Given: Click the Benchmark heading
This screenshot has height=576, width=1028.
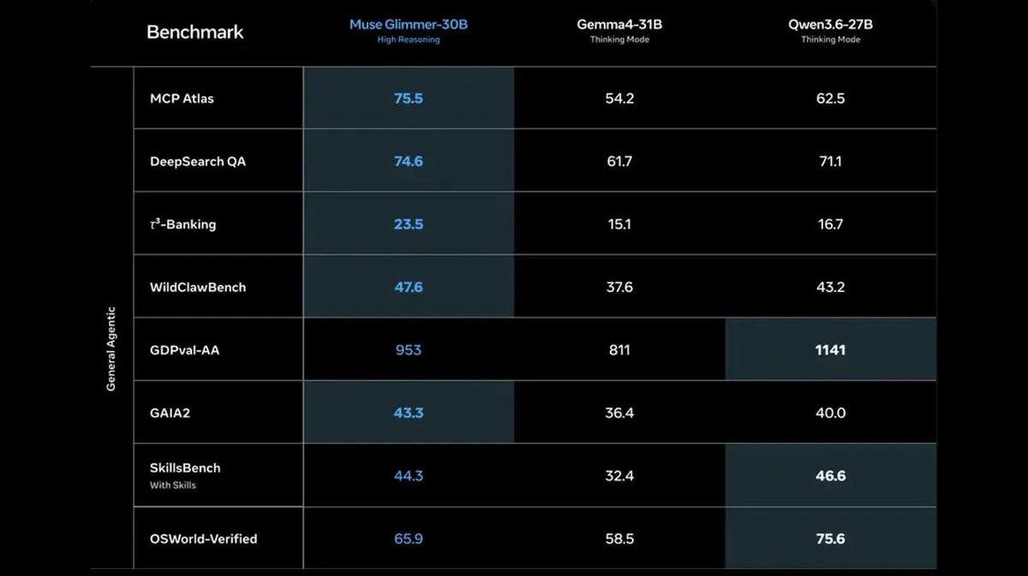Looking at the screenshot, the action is click(195, 33).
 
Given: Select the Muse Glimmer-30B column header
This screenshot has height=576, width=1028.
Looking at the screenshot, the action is click(409, 24).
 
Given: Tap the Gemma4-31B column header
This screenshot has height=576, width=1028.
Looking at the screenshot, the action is click(619, 24).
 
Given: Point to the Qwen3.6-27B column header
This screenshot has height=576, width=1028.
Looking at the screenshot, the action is click(831, 24).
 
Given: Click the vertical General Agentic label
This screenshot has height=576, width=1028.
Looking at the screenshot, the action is click(111, 348).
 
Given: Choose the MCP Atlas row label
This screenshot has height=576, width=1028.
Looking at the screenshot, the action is click(182, 98).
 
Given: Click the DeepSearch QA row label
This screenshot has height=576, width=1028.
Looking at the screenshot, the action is click(198, 162).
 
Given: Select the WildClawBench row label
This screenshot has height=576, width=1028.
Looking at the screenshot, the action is click(198, 287).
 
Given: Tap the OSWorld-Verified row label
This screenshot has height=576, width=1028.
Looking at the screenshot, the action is click(203, 538).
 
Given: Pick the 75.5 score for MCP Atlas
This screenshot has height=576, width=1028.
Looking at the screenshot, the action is click(409, 98).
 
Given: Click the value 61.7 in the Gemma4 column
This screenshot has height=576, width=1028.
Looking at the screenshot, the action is click(619, 162).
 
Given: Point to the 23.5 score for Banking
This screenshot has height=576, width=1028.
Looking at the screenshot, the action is click(409, 224).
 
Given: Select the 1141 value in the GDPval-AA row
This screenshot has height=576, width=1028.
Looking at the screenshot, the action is click(831, 350).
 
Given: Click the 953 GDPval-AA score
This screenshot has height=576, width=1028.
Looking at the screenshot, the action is click(409, 350).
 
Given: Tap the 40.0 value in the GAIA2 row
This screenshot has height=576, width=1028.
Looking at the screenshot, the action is click(831, 413).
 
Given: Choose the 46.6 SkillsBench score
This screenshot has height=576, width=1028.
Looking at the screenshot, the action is click(831, 476).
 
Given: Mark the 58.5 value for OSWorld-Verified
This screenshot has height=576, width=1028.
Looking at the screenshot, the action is click(619, 538).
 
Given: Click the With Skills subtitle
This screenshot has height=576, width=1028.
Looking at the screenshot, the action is click(172, 485).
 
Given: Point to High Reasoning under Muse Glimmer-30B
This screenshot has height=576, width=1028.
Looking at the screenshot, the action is click(409, 39).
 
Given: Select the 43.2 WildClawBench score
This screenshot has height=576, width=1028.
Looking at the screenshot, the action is click(831, 287).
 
